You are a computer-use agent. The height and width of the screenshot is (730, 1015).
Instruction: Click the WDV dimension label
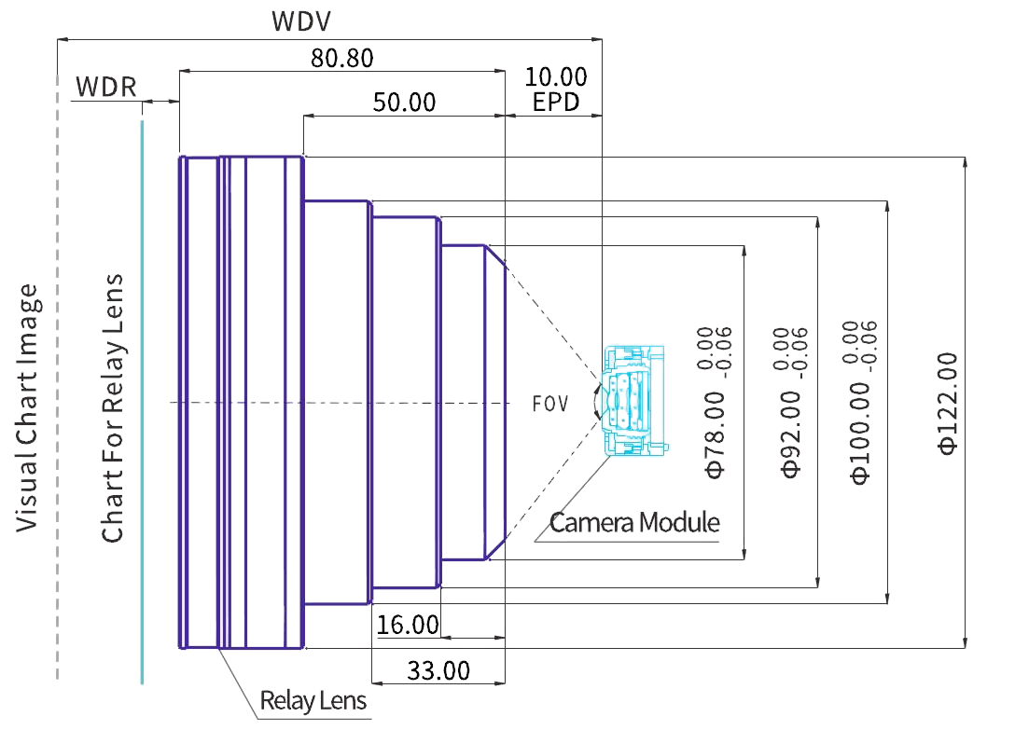(x=301, y=21)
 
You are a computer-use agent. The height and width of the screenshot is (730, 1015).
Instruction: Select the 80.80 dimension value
(x=341, y=58)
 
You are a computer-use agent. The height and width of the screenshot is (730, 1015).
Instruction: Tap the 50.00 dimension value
(x=404, y=103)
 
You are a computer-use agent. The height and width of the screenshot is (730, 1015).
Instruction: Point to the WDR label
(x=105, y=87)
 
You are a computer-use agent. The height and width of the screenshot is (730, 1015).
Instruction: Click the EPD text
(x=555, y=103)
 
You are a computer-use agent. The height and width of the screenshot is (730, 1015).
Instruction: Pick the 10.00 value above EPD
(x=555, y=77)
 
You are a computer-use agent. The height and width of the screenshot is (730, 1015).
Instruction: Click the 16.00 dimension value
(x=408, y=625)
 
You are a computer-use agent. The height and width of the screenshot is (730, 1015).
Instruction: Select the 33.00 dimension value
(x=438, y=670)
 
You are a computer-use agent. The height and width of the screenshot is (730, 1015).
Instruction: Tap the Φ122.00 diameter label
(x=948, y=403)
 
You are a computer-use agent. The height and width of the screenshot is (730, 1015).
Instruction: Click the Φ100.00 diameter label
(x=860, y=433)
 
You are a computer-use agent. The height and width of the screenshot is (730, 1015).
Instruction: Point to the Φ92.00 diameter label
(x=790, y=434)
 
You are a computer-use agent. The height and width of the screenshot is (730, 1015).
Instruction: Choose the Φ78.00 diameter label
(x=715, y=434)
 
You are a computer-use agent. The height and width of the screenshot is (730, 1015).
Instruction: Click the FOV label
(x=550, y=404)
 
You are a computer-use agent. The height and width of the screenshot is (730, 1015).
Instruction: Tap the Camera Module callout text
(x=634, y=522)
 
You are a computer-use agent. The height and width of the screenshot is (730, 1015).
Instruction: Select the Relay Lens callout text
(x=313, y=700)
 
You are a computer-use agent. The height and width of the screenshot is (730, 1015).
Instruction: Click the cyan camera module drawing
(x=634, y=401)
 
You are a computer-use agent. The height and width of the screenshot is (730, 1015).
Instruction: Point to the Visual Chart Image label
(x=26, y=407)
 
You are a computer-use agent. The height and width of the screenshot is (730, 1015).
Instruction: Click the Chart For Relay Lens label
(x=112, y=407)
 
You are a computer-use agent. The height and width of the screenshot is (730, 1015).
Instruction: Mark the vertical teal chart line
(x=142, y=401)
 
